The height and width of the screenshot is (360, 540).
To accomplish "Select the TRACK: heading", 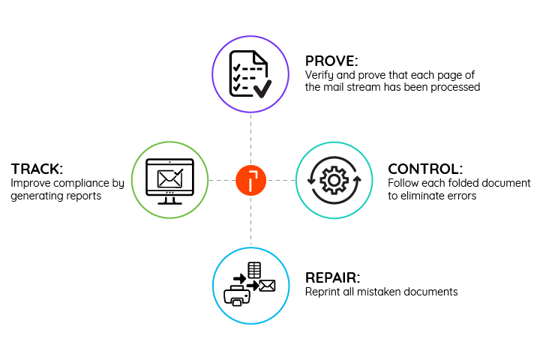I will click(37, 169).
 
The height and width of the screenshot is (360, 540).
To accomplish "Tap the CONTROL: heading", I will click(425, 169).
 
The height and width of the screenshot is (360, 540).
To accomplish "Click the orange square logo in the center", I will click(250, 180).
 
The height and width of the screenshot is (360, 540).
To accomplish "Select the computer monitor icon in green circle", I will click(169, 180).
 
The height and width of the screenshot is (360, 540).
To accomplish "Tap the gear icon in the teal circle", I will click(332, 180).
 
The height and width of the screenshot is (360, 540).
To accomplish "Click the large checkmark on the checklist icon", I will click(262, 90).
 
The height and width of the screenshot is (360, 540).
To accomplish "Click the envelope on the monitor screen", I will click(169, 178).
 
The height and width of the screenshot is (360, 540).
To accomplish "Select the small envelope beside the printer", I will click(267, 285).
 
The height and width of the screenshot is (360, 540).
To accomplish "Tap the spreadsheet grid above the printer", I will click(254, 269).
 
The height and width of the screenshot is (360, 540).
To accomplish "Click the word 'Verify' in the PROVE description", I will click(318, 75).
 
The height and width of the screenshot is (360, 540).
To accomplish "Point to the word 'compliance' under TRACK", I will click(76, 184).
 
